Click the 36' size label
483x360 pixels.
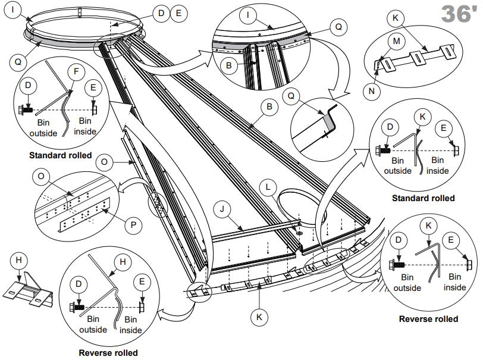coord(457,14)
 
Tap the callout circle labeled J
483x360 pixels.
coord(221,209)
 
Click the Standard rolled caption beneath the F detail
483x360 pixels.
coord(59,155)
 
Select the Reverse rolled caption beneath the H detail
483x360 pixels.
coord(108,353)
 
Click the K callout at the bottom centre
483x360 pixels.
coord(259,318)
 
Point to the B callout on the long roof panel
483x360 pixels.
coord(269,107)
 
